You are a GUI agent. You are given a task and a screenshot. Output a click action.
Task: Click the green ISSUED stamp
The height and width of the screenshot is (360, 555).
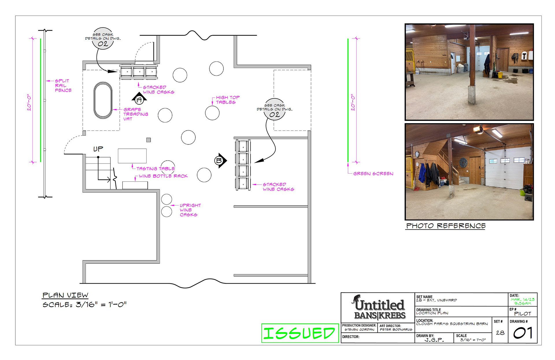pyautogui.click(x=300, y=333)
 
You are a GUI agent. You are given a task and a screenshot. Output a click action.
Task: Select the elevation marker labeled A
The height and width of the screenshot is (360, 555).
pyautogui.click(x=139, y=99)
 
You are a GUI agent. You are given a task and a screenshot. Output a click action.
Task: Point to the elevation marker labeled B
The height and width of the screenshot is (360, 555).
pyautogui.click(x=221, y=160)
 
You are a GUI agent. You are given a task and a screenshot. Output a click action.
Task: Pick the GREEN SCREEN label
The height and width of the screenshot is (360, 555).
pyautogui.click(x=373, y=174)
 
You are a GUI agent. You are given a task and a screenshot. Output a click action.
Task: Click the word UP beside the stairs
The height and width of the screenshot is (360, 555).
pyautogui.click(x=98, y=149)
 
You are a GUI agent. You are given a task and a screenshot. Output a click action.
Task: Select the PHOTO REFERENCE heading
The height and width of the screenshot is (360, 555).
pyautogui.click(x=446, y=226)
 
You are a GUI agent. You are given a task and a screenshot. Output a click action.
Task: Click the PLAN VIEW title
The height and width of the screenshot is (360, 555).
pyautogui.click(x=65, y=295)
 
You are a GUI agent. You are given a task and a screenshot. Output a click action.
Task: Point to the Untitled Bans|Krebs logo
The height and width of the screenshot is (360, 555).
pyautogui.click(x=380, y=307)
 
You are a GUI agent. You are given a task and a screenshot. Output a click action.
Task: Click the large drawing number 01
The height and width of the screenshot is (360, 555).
pyautogui.click(x=523, y=333)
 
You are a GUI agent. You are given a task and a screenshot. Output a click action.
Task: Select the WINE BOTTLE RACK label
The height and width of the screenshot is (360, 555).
pyautogui.click(x=163, y=176)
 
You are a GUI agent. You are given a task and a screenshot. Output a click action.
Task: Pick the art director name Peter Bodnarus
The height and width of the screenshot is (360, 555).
pyautogui.click(x=396, y=330)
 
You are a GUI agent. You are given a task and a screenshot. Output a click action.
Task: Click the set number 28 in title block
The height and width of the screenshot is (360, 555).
pyautogui.click(x=500, y=333)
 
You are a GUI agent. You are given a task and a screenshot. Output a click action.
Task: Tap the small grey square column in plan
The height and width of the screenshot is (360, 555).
pyautogui.click(x=149, y=140)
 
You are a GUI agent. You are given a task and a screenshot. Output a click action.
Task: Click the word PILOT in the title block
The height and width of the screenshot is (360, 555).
pyautogui.click(x=523, y=314)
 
